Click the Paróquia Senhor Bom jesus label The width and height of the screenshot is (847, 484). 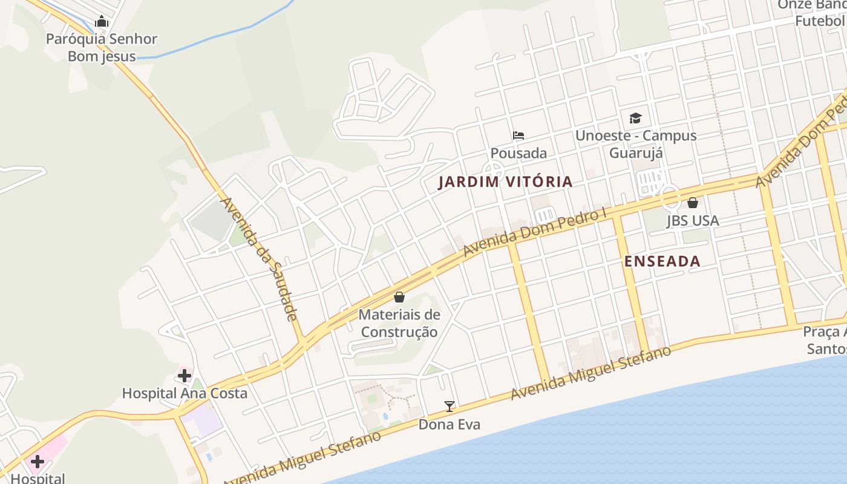click(102, 48)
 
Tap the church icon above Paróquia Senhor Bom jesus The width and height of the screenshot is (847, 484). click(102, 22)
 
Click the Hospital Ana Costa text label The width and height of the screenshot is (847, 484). click(185, 393)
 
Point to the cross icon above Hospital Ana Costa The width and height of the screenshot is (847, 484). click(185, 376)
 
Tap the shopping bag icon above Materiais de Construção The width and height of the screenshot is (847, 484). click(399, 297)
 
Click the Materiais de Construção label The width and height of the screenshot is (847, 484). click(399, 323)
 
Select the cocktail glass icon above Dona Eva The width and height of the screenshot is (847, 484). click(450, 407)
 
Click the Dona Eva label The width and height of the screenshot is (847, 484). click(450, 425)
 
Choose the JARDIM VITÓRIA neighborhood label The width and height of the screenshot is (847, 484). click(505, 181)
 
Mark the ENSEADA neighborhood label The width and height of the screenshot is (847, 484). click(662, 261)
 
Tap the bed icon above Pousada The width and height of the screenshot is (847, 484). click(518, 136)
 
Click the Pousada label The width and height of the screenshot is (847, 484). click(518, 153)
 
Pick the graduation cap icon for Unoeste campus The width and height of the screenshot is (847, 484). click(635, 118)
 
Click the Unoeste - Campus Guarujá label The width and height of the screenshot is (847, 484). click(635, 144)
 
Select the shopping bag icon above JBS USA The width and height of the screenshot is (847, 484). click(693, 203)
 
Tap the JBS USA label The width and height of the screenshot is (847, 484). click(693, 221)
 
